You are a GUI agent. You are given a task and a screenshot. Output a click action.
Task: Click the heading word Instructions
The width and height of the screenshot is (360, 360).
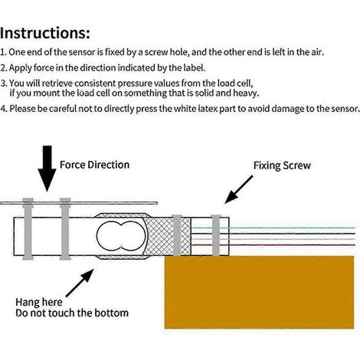pos(45,33)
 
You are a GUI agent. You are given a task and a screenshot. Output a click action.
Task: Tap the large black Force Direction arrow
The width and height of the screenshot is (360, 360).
pos(47,168)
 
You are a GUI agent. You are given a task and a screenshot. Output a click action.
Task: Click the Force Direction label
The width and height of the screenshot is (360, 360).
pos(94,165)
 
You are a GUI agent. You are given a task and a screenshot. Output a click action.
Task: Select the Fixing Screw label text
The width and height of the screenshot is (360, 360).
pos(282,165)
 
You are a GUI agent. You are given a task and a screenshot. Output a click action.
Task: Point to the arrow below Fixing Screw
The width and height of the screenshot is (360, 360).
pos(239,189)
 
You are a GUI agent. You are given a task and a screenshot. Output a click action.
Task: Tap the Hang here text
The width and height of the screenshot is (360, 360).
pos(39,302)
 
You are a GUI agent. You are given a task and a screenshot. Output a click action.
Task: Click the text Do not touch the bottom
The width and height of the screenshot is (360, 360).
pos(72,313)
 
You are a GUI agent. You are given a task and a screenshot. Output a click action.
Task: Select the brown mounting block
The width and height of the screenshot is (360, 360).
pos(259,293)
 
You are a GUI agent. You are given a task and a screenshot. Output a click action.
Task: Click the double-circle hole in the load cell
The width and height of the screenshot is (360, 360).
pos(121,236)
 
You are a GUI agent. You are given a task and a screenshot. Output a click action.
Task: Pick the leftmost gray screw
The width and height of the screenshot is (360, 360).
pos(28,229)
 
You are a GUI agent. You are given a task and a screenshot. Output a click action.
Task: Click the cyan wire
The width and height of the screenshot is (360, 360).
pos(273,227)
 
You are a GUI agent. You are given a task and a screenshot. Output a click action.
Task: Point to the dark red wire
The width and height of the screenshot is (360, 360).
pos(273,245)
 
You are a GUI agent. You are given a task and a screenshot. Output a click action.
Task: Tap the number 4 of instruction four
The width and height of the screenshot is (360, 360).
pos(3,109)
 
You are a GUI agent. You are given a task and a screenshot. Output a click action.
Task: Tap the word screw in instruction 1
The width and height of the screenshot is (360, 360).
pos(156,53)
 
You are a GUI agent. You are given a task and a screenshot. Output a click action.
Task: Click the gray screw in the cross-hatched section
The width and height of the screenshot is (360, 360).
pos(177,235)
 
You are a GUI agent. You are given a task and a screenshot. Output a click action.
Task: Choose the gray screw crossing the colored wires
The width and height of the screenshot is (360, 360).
pos(216,235)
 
